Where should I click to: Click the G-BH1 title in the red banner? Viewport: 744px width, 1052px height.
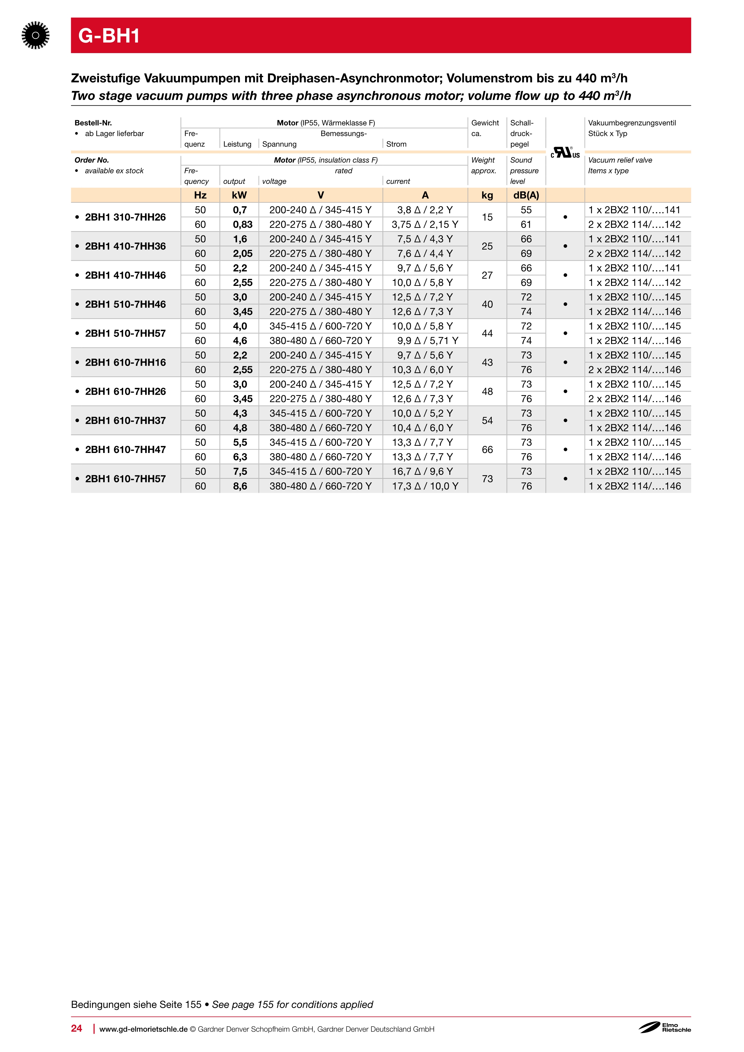coord(109,36)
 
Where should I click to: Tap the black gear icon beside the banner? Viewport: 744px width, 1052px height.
coord(35,35)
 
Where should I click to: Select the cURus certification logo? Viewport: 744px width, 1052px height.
coord(565,153)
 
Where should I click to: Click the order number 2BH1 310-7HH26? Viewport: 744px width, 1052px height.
coord(125,217)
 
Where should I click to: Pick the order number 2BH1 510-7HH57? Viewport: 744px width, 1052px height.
coord(125,334)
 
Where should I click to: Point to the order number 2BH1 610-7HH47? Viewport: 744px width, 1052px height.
coord(125,449)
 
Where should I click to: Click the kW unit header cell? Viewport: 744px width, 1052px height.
coord(239,195)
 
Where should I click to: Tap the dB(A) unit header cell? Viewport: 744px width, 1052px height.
coord(526,195)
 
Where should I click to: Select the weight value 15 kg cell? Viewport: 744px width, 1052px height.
coord(487,217)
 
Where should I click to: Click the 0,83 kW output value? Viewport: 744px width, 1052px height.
coord(242,224)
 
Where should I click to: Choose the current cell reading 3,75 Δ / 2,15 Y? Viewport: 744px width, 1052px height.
coord(425,224)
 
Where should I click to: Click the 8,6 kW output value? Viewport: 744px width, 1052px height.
coord(240,486)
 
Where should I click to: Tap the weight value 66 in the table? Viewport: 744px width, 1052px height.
coord(487,449)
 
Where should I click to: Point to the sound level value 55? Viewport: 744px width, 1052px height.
coord(526,210)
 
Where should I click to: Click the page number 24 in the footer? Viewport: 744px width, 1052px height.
coord(76,1028)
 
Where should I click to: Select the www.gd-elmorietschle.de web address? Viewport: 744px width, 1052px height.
coord(143,1029)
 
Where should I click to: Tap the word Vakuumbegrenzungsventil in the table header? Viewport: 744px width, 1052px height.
coord(632,123)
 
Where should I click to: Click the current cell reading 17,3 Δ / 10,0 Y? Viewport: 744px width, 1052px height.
coord(425,486)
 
